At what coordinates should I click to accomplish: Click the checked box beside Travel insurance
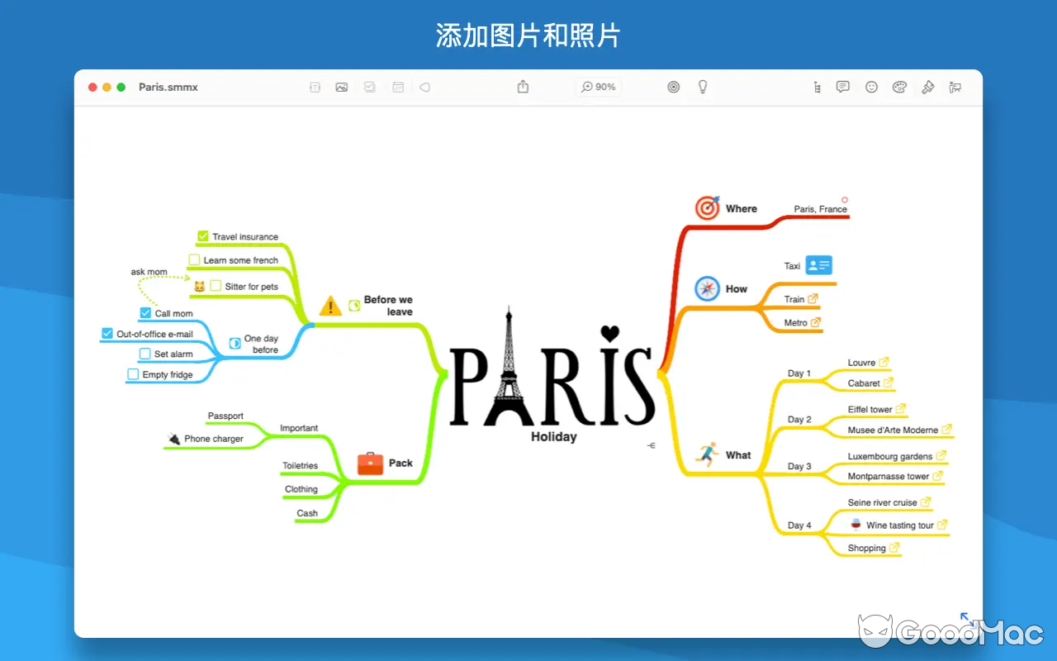[203, 236]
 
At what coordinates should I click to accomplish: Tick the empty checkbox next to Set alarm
[145, 354]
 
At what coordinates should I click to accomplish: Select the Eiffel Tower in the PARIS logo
[510, 368]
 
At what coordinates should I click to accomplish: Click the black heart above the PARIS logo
[609, 333]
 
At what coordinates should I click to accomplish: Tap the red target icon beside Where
[707, 208]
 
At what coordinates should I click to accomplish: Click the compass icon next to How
[707, 288]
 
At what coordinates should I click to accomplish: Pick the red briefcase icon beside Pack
[370, 463]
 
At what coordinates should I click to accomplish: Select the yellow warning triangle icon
[330, 306]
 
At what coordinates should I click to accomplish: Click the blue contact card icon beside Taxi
[818, 265]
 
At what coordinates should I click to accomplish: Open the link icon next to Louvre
[884, 362]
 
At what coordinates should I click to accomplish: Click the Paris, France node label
[820, 209]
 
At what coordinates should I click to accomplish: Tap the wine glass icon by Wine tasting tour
[856, 524]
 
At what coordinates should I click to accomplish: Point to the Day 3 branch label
[799, 466]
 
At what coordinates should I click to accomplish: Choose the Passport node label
[225, 416]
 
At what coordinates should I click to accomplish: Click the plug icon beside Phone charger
[173, 438]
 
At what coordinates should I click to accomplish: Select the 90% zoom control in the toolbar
[599, 87]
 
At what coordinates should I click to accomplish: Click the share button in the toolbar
[523, 87]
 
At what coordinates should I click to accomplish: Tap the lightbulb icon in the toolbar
[703, 87]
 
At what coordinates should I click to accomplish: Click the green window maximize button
[121, 87]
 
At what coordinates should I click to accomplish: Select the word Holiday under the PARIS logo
[553, 436]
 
